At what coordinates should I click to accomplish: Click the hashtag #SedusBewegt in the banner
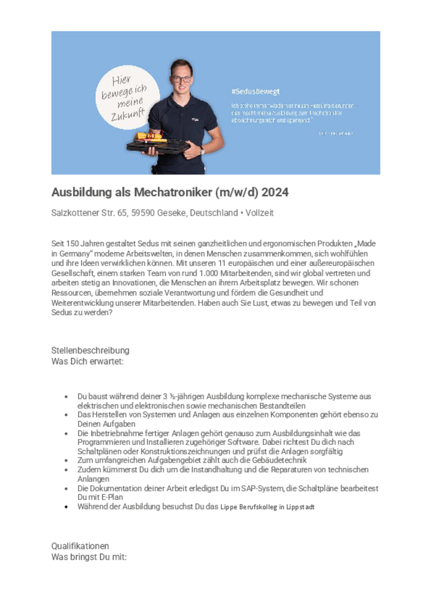[255, 92]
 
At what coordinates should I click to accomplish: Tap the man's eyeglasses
[181, 78]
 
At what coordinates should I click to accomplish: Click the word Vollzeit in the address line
[258, 213]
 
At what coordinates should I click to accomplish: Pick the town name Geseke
[172, 213]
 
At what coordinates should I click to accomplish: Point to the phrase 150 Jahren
[84, 244]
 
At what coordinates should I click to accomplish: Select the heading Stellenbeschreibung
[90, 350]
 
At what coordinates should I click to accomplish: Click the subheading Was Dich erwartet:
[88, 361]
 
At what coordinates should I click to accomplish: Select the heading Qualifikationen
[80, 546]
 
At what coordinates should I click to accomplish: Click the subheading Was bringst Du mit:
[89, 557]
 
